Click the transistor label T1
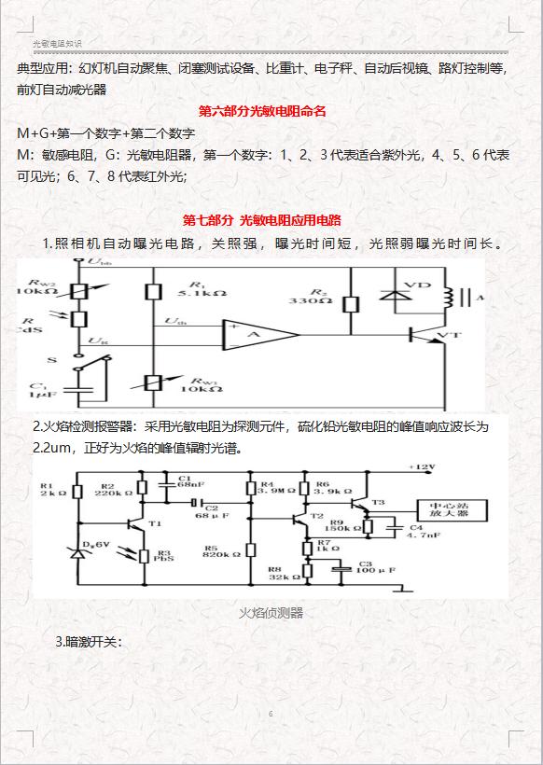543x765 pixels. click(x=155, y=523)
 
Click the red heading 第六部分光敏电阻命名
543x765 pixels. click(x=261, y=112)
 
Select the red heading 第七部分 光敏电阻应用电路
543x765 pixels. click(x=262, y=220)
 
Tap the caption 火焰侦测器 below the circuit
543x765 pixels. click(x=271, y=613)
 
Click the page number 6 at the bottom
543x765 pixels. click(x=271, y=714)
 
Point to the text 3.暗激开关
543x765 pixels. click(x=90, y=642)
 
